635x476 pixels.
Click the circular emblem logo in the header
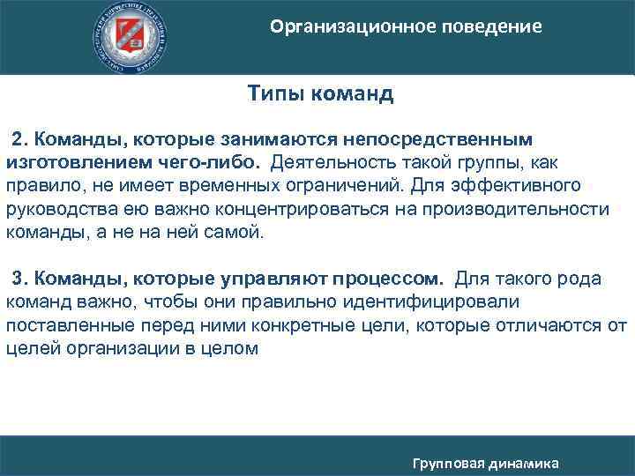click(131, 35)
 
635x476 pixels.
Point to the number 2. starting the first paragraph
click(19, 140)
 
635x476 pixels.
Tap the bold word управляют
click(273, 279)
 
